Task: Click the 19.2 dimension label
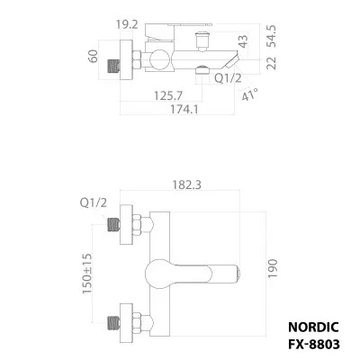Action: tap(127, 24)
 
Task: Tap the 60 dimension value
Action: tap(94, 56)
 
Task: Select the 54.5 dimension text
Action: tap(272, 36)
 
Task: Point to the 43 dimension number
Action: tap(243, 41)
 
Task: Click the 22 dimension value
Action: tap(272, 63)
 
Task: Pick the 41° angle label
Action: tap(249, 94)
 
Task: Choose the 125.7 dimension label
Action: tap(168, 95)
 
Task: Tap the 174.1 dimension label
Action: tap(184, 109)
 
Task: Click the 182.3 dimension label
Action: tap(186, 184)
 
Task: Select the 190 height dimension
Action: tap(273, 268)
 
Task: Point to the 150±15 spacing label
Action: tap(86, 274)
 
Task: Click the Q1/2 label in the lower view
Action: tap(94, 203)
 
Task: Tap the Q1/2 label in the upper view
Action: tap(228, 78)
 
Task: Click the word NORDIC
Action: tap(313, 327)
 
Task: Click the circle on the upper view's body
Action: tap(160, 59)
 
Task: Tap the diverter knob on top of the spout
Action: tap(202, 40)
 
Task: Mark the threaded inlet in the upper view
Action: tap(113, 66)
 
